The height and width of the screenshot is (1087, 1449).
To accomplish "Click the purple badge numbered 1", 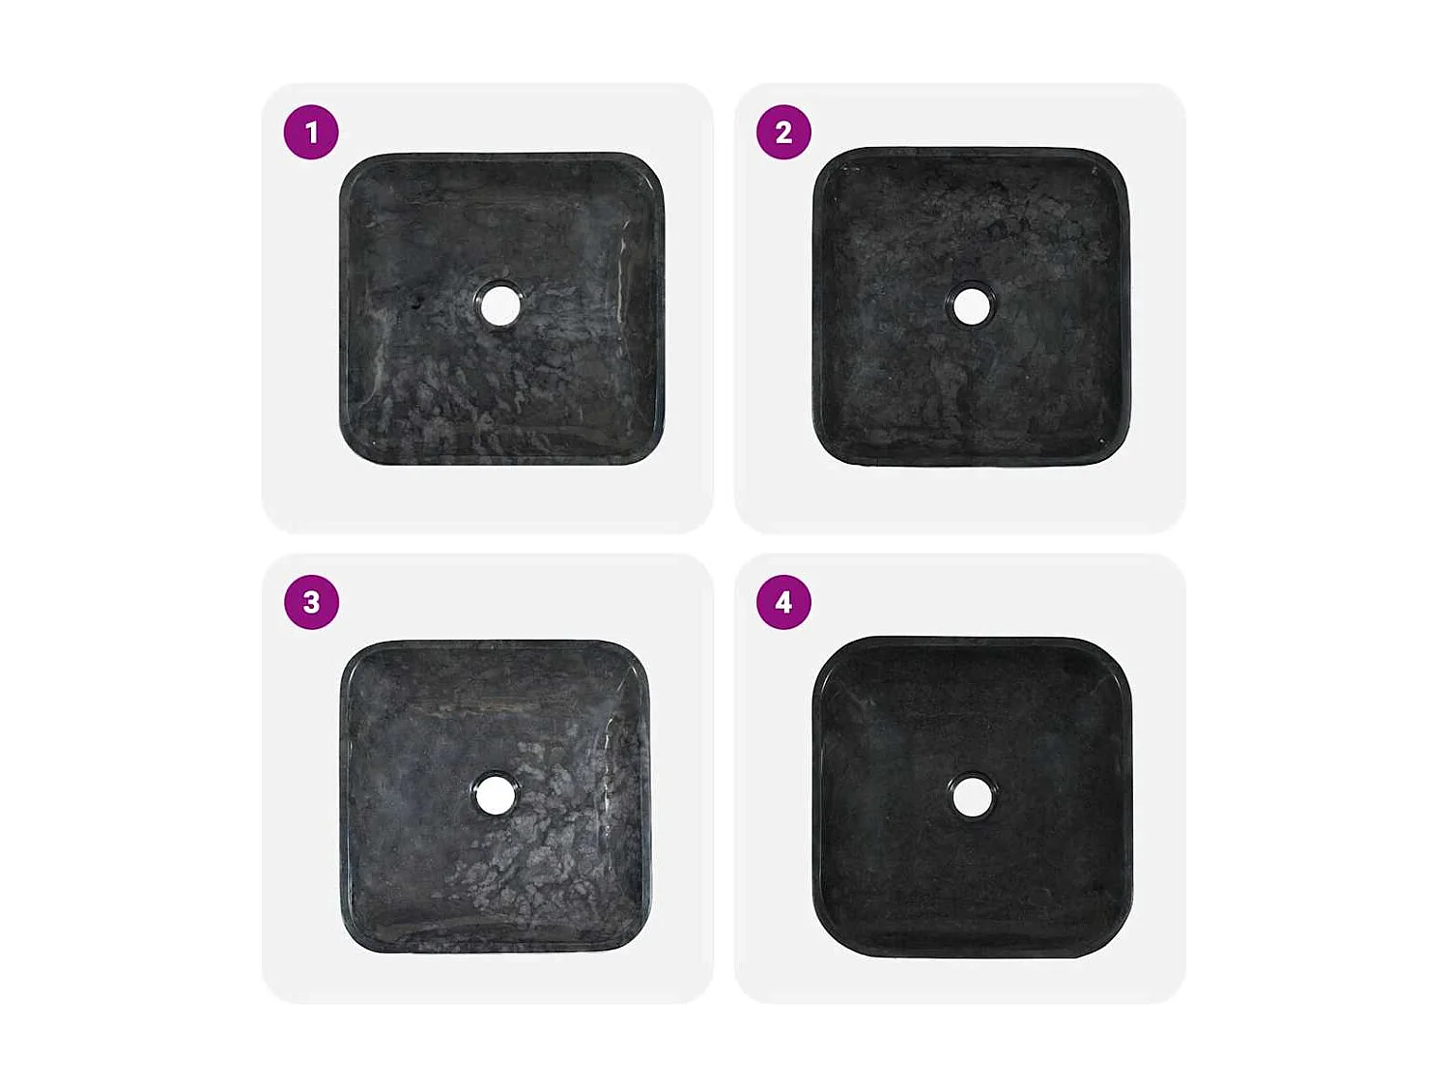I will [311, 132].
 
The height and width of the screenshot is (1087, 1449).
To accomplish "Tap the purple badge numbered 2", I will [783, 132].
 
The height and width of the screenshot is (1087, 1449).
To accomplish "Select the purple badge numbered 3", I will [311, 602].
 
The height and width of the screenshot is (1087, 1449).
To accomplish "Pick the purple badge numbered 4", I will [783, 602].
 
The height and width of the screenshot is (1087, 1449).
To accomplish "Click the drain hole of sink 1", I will [499, 305].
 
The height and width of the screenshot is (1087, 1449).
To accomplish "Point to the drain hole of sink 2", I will [971, 306].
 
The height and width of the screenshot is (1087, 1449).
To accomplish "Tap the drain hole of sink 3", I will [496, 794].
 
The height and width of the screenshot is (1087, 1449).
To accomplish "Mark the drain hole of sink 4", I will [971, 796].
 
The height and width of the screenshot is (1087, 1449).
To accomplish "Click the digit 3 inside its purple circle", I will [311, 602].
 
